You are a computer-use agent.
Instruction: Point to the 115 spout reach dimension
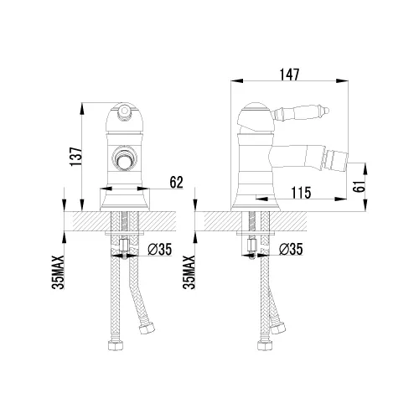coord(302,193)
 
